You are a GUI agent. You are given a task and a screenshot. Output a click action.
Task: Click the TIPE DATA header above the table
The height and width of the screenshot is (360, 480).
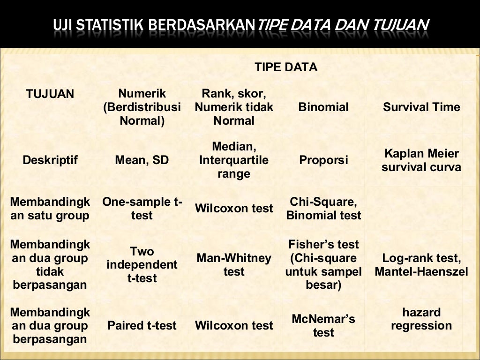click(x=286, y=67)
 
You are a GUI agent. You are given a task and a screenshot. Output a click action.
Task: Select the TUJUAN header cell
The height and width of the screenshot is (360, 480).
click(x=50, y=94)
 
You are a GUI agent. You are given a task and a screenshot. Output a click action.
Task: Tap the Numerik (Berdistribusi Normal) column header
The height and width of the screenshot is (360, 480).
click(x=142, y=107)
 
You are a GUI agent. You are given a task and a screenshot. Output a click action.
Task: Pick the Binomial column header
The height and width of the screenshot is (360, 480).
click(x=323, y=107)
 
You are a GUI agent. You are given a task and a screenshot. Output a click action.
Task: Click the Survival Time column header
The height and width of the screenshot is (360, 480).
click(x=421, y=107)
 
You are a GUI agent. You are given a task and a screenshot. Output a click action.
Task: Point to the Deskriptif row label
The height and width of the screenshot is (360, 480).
click(x=50, y=160)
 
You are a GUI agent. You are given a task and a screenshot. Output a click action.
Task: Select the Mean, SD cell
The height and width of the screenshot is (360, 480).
click(x=142, y=160)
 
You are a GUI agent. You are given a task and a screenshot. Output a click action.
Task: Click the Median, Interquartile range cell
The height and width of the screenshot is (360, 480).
click(x=234, y=160)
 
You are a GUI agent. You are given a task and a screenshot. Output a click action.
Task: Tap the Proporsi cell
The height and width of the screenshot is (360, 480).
click(x=323, y=160)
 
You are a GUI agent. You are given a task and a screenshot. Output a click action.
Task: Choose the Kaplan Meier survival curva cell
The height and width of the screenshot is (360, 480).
click(x=421, y=160)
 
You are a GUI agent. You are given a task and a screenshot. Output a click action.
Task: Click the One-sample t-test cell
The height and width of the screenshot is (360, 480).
click(x=142, y=209)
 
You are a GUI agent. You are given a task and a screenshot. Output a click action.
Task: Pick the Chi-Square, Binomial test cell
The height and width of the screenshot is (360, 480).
click(x=323, y=209)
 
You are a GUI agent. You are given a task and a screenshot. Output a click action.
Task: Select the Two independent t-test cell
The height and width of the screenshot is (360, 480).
click(x=142, y=265)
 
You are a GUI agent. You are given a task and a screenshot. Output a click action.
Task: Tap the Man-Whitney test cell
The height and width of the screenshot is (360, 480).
click(x=234, y=265)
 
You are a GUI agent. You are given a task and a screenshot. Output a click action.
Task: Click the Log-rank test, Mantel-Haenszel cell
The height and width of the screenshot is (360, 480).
click(x=421, y=265)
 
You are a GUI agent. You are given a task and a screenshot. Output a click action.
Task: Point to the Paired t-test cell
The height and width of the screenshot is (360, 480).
click(x=142, y=325)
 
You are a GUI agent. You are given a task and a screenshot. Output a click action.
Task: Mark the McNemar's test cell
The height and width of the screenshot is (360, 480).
click(x=323, y=325)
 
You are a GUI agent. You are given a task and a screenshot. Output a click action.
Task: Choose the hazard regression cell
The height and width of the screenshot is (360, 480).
click(x=421, y=319)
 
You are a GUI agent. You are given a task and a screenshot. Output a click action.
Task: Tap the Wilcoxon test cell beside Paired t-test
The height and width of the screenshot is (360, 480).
click(x=234, y=325)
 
